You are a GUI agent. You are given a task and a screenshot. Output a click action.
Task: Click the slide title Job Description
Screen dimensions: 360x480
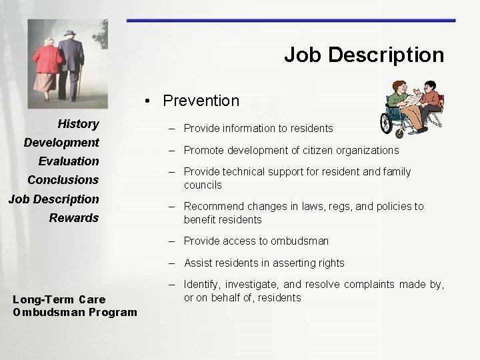(x=364, y=55)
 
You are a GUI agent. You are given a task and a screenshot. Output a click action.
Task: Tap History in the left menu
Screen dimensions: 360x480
(x=78, y=124)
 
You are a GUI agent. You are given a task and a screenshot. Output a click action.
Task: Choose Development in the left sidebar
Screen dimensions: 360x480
(x=61, y=143)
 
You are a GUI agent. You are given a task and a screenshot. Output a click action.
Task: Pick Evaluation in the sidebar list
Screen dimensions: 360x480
(x=69, y=161)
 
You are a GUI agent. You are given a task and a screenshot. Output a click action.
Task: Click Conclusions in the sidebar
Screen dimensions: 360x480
(x=63, y=180)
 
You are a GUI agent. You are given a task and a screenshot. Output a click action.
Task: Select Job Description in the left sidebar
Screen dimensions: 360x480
(x=53, y=199)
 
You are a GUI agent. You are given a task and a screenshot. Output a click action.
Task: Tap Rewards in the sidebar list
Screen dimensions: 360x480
(x=74, y=218)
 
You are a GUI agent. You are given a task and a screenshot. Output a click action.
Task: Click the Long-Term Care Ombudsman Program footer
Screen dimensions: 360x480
(x=75, y=306)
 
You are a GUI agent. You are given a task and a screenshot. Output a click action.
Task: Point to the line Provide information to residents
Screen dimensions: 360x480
(x=258, y=128)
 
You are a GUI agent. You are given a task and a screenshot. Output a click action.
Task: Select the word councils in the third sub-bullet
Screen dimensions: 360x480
(x=203, y=185)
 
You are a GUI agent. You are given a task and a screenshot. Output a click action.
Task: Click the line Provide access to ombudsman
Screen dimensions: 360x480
(x=256, y=241)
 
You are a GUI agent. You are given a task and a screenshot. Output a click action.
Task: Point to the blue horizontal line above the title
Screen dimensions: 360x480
(x=291, y=21)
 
